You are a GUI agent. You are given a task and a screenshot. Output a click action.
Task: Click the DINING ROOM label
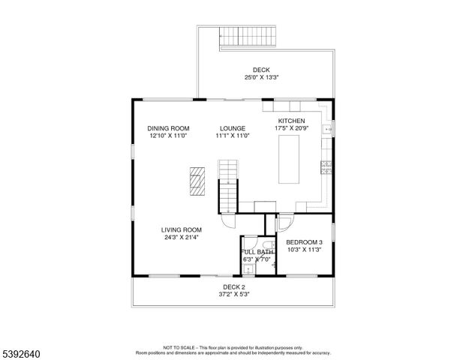(167, 128)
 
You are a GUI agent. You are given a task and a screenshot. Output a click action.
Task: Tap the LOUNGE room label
(232, 128)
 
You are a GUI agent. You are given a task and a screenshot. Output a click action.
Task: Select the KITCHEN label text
(291, 121)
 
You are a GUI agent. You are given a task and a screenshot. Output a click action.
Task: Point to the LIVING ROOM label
(182, 230)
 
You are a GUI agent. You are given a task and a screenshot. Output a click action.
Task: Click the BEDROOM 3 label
(304, 241)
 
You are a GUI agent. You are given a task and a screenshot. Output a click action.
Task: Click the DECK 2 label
(233, 286)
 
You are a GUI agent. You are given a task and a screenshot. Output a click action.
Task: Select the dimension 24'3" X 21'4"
(182, 238)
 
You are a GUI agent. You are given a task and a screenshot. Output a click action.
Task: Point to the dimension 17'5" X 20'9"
(291, 128)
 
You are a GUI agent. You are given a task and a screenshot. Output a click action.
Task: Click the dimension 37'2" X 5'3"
(233, 294)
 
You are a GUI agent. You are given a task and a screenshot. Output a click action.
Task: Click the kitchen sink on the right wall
(327, 130)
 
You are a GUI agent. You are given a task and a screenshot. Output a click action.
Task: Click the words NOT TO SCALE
(179, 348)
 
